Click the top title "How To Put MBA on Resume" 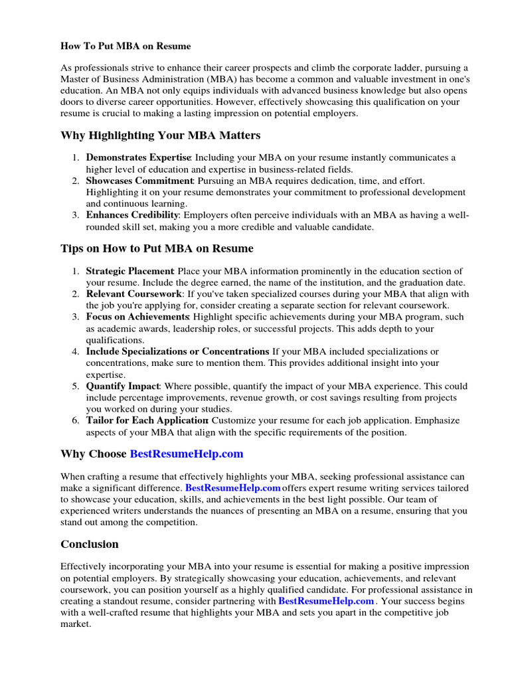click(126, 46)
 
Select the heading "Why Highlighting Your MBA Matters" click(160, 135)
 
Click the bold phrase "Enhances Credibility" click(132, 215)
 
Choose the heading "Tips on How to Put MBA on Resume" click(157, 249)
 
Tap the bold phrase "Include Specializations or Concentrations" click(177, 351)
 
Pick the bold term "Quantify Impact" click(123, 386)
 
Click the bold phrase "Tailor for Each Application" click(147, 420)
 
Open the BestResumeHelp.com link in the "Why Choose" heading click(187, 454)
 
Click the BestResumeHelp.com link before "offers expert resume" click(232, 488)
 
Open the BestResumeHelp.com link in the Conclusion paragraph click(326, 601)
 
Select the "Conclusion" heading click(90, 545)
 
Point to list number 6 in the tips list click(76, 420)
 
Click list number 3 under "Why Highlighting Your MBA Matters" click(76, 215)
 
